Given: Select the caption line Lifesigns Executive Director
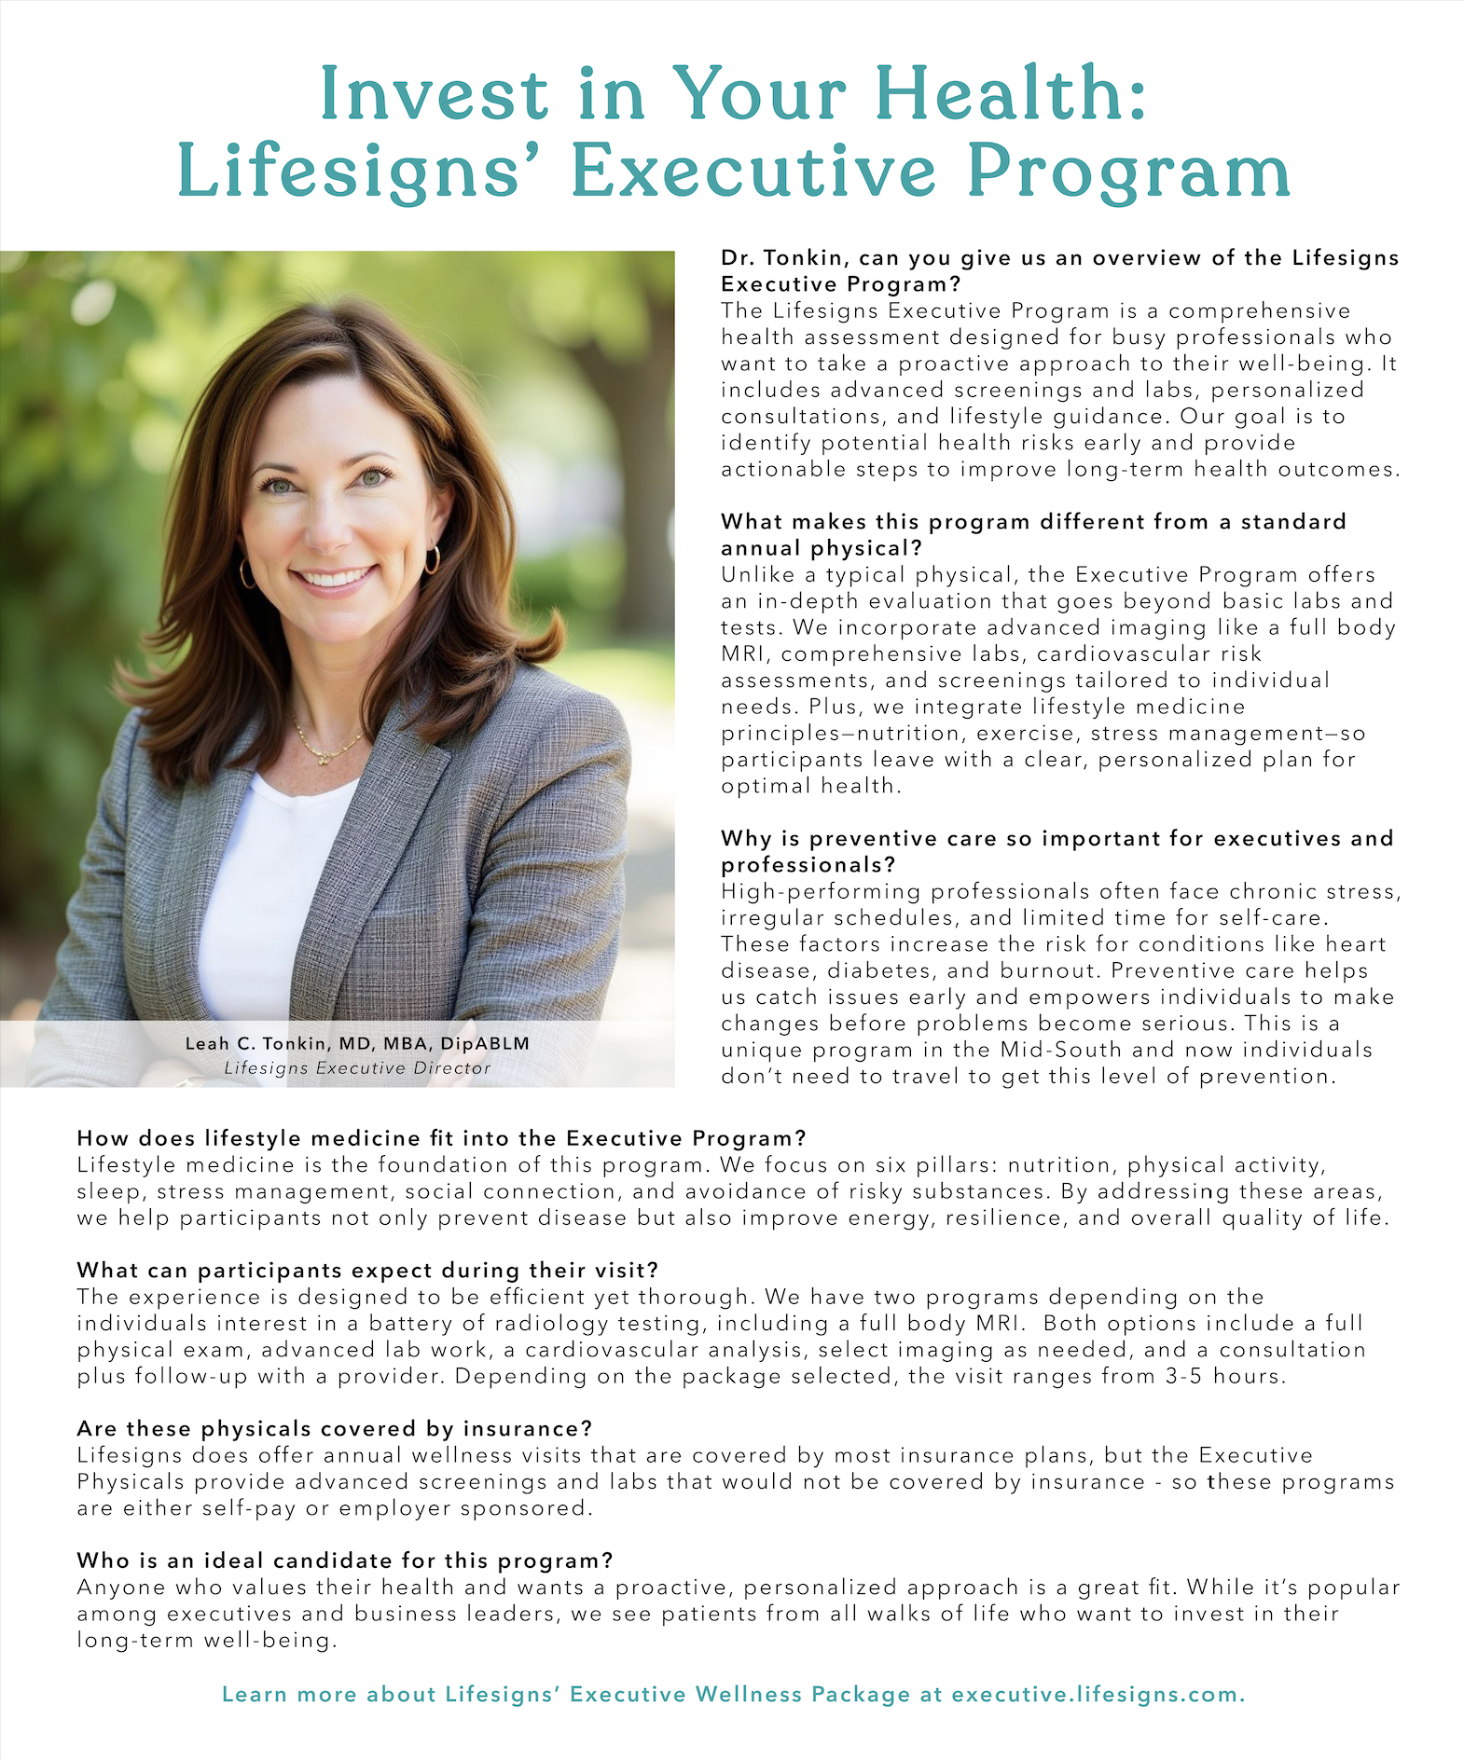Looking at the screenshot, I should [357, 1068].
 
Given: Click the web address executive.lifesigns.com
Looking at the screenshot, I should [1098, 1695].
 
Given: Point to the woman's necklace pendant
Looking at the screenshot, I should [324, 757].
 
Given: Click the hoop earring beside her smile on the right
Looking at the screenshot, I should [432, 559].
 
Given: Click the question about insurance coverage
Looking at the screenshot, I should [335, 1428].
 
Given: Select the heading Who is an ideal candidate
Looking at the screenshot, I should [345, 1561].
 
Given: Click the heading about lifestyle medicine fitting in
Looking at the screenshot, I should [441, 1138].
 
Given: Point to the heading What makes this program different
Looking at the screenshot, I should [1033, 522].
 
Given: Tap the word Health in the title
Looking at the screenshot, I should [1010, 94].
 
